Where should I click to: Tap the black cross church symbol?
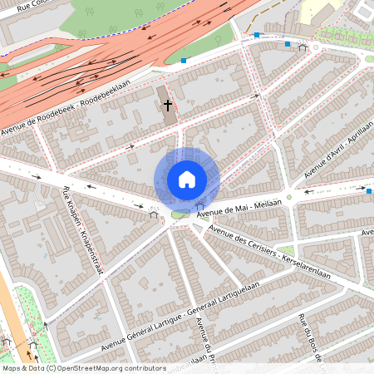pyautogui.click(x=168, y=106)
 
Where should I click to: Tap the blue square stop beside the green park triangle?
pyautogui.click(x=184, y=60)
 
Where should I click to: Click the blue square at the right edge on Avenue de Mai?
pyautogui.click(x=369, y=191)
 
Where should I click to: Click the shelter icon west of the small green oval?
pyautogui.click(x=154, y=213)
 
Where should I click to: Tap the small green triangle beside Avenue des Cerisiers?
pyautogui.click(x=288, y=250)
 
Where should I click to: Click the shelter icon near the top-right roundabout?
pyautogui.click(x=302, y=47)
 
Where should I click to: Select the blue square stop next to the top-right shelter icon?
pyautogui.click(x=288, y=43)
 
